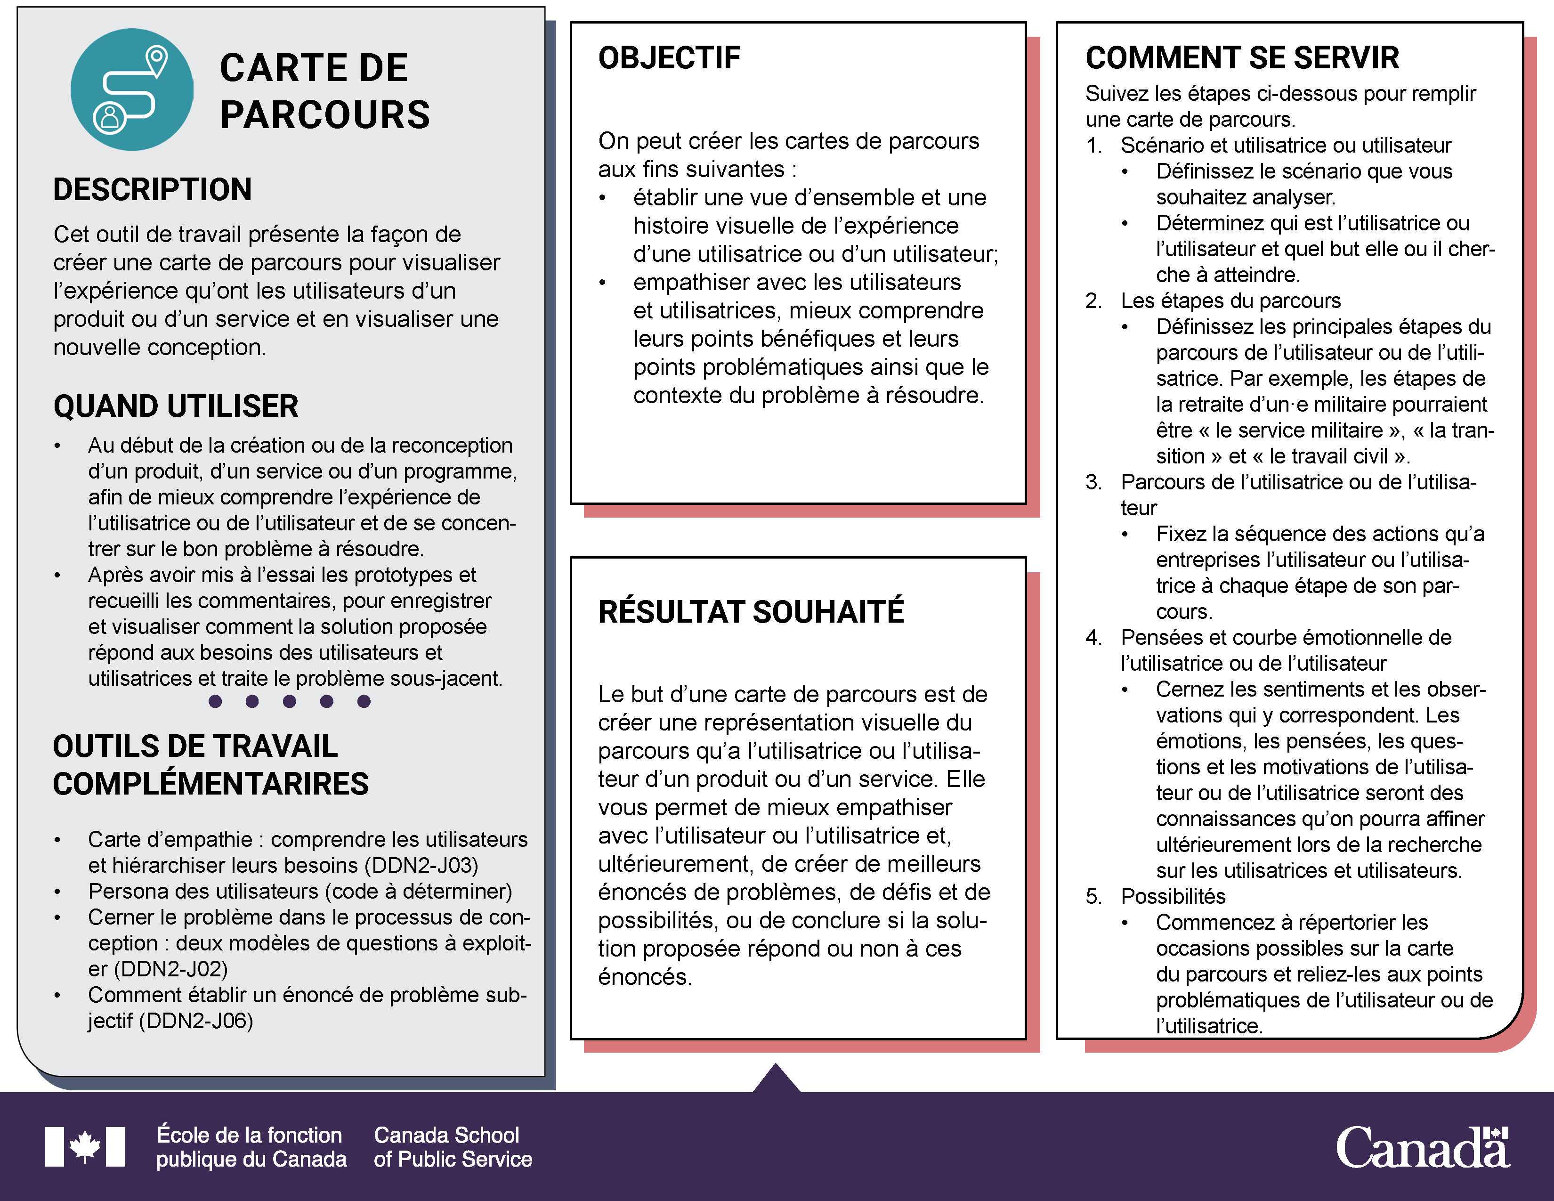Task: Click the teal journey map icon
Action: (132, 89)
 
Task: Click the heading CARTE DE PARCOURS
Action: (324, 91)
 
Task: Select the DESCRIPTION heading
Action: (152, 190)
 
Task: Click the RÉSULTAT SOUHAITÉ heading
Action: (751, 612)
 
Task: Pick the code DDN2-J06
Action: (196, 1022)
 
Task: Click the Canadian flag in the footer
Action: (85, 1146)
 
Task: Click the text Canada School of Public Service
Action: (453, 1147)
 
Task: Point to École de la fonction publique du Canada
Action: (251, 1147)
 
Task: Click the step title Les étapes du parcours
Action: (1230, 301)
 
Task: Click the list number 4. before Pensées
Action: (1093, 638)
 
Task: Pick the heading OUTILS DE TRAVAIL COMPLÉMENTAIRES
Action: (210, 765)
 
